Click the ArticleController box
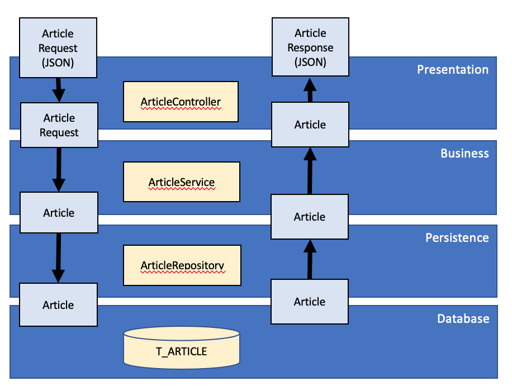[181, 102]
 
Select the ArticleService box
[181, 182]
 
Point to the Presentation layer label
[452, 69]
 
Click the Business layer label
[464, 153]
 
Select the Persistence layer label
[457, 237]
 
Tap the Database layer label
[463, 318]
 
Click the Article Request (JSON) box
[58, 47]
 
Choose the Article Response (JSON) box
[310, 47]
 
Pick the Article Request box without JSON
[59, 125]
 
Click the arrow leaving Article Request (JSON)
[59, 89]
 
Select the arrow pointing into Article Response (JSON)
[310, 89]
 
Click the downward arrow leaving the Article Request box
[59, 170]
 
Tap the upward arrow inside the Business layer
[310, 170]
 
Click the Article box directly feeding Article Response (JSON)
[310, 125]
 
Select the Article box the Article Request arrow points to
[59, 213]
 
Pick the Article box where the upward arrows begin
[310, 302]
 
